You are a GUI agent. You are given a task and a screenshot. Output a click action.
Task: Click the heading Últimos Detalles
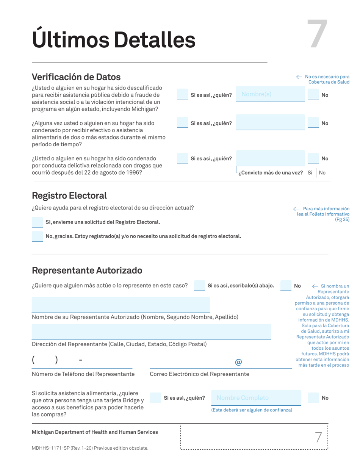point(114,39)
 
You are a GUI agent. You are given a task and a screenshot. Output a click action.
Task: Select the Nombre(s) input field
point(270,94)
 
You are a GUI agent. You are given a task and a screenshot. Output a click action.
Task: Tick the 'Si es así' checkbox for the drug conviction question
point(183,158)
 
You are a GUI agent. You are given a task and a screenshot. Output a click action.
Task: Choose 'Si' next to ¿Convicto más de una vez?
point(310,173)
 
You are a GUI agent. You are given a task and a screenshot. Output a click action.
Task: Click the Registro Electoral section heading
point(69,195)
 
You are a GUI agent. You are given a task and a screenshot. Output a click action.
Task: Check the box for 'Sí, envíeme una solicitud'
point(37,222)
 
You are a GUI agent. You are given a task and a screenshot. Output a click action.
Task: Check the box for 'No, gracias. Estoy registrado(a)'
point(37,236)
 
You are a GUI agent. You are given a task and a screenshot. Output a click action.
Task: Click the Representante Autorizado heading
point(87,270)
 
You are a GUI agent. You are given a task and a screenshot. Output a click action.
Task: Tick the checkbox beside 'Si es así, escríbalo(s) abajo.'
point(199,286)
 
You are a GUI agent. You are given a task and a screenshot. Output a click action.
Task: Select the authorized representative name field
point(121,305)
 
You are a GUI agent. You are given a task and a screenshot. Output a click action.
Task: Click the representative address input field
point(151,332)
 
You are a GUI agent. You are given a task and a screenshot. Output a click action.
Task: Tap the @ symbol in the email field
point(238,362)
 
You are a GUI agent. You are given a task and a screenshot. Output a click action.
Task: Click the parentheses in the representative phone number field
point(45,360)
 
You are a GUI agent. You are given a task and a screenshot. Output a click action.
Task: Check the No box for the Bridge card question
point(313,397)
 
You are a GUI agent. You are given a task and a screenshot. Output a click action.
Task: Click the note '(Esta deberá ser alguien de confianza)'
point(252,410)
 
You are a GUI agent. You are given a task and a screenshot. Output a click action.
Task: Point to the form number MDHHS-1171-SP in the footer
point(53,448)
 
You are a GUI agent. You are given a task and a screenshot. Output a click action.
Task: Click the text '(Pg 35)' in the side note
point(342,219)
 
